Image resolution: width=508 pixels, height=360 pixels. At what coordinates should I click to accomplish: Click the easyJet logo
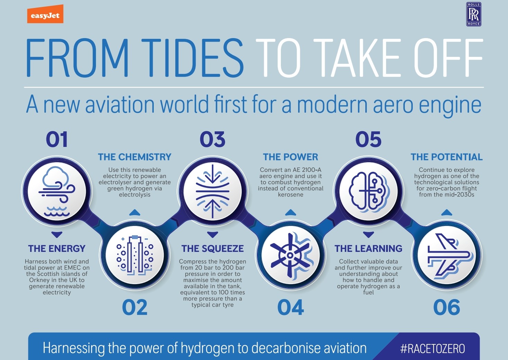45,14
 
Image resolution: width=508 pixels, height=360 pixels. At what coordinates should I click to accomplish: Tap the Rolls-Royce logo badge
474,14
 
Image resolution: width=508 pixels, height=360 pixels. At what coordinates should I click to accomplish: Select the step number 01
57,139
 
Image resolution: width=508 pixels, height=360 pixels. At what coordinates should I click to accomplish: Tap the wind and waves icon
57,191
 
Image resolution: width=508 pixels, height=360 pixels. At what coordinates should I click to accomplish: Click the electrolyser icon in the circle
135,255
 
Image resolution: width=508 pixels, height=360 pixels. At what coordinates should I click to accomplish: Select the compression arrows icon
213,191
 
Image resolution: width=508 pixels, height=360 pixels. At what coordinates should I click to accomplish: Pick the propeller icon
291,255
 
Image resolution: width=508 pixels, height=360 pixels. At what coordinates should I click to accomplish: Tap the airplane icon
447,256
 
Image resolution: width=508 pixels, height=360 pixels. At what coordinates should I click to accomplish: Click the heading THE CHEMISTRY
135,157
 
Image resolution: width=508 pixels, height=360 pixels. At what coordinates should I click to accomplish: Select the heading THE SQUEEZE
213,248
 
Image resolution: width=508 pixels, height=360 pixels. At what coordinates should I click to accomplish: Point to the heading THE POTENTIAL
447,157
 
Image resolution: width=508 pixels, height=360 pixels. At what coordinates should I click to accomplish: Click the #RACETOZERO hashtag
433,349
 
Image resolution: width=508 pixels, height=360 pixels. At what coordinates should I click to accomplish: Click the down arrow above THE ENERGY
57,235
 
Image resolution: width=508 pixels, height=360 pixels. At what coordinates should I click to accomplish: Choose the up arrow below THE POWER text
291,212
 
